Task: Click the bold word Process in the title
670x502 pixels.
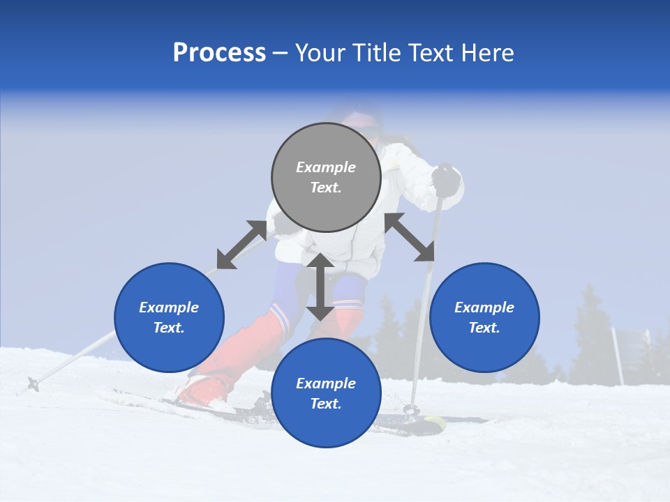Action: point(219,53)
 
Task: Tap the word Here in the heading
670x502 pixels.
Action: point(486,53)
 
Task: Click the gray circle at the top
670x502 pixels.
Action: point(326,177)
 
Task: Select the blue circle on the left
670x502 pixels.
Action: point(169,317)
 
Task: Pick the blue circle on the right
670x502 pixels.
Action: point(484,317)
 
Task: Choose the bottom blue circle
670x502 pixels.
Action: point(326,393)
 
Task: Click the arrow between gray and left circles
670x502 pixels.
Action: point(241,245)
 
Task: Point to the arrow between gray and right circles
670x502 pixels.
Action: point(410,237)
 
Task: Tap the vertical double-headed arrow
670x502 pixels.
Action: point(320,287)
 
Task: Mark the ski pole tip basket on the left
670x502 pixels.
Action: point(32,383)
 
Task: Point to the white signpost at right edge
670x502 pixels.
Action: point(618,356)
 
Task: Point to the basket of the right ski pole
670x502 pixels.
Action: point(412,409)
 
